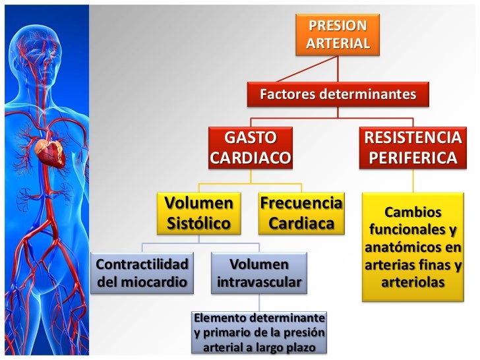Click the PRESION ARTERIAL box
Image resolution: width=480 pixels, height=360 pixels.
click(338, 34)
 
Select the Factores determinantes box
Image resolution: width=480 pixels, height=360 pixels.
click(338, 94)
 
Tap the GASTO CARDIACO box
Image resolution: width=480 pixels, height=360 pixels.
click(250, 148)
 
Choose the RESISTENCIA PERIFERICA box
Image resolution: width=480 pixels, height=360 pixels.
click(413, 148)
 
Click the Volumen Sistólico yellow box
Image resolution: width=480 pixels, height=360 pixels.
click(198, 212)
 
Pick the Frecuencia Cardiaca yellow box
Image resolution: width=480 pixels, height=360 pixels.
click(301, 212)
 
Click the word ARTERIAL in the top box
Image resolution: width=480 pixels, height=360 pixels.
click(338, 43)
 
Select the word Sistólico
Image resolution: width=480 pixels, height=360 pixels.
click(198, 223)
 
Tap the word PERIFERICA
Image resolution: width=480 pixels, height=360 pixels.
click(413, 158)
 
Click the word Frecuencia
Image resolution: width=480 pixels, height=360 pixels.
click(301, 202)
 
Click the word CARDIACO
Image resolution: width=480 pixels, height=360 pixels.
click(250, 158)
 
